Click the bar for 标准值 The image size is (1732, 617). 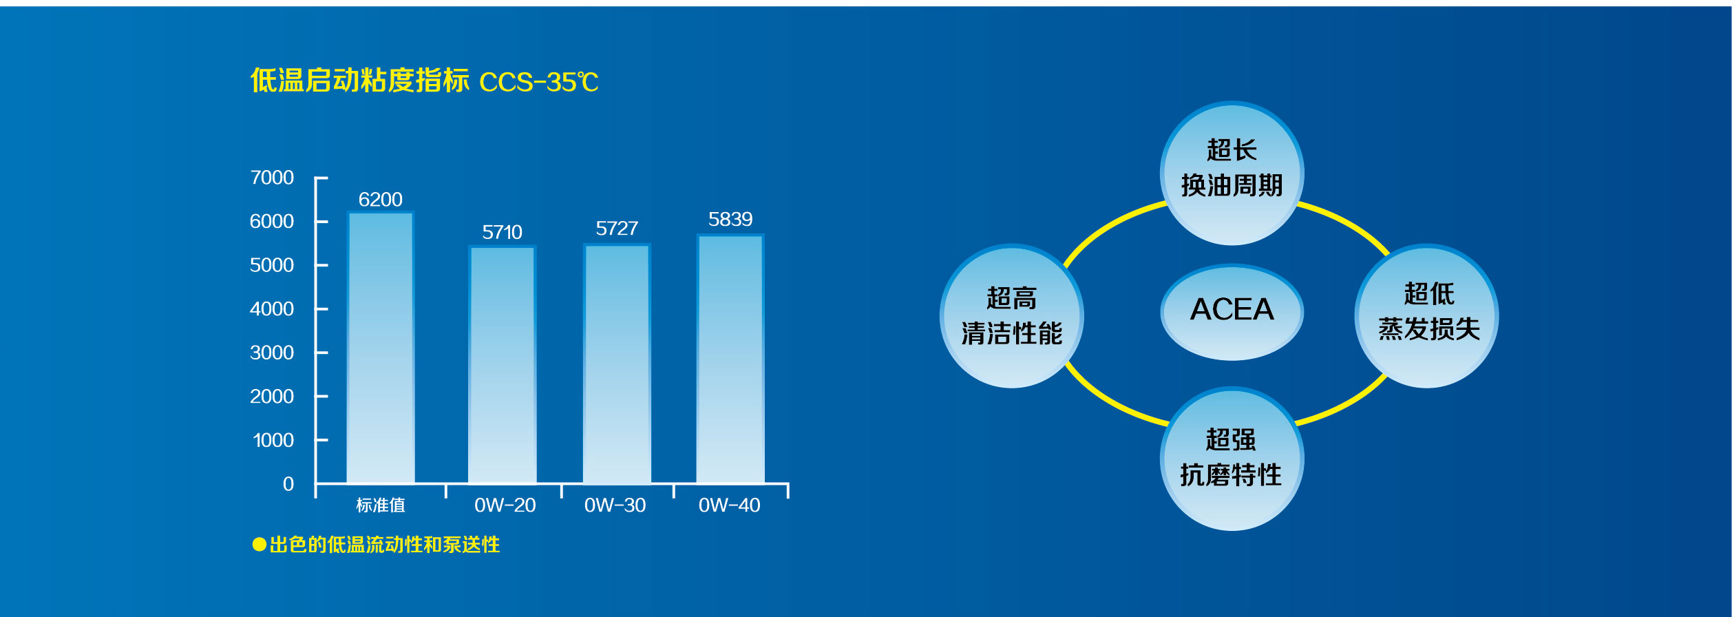pos(381,348)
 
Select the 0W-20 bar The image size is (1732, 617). pos(503,365)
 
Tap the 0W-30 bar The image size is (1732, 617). pos(617,364)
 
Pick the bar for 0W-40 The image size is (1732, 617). pos(730,359)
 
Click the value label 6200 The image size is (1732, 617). pos(381,200)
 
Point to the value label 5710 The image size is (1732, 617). pos(502,232)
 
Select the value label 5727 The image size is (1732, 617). pos(617,229)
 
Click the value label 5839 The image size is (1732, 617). pos(730,220)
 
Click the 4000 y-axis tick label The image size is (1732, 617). pos(272,309)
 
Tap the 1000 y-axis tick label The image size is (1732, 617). pos(273,441)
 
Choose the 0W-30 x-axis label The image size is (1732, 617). pos(615,505)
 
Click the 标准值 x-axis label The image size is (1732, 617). pos(381,505)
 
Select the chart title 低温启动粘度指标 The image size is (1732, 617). pos(360,81)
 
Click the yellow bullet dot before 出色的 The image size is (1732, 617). pos(260,545)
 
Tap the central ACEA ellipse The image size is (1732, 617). pos(1232,312)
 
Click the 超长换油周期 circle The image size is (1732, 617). pos(1232,173)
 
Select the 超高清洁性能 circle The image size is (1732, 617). pos(1012,316)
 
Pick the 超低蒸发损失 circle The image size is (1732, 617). pos(1426,316)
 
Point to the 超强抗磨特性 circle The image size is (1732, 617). pos(1232,459)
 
